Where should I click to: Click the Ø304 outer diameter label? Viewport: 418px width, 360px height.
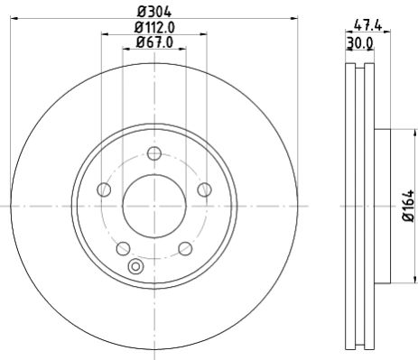(x=153, y=11)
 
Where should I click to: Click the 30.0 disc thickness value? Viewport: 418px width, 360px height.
(x=361, y=42)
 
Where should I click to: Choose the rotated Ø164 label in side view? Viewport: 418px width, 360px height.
(x=408, y=206)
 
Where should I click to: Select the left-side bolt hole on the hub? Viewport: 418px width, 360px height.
(x=103, y=189)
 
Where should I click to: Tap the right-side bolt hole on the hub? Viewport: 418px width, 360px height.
(x=204, y=189)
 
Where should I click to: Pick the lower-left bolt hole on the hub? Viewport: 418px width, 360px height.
(x=123, y=248)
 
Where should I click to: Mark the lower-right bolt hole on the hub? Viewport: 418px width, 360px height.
(x=185, y=248)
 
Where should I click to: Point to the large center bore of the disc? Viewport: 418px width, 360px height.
(x=153, y=205)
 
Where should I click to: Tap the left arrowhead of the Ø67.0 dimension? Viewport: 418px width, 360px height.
(x=125, y=51)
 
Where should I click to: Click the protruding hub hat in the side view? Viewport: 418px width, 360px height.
(x=382, y=206)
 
